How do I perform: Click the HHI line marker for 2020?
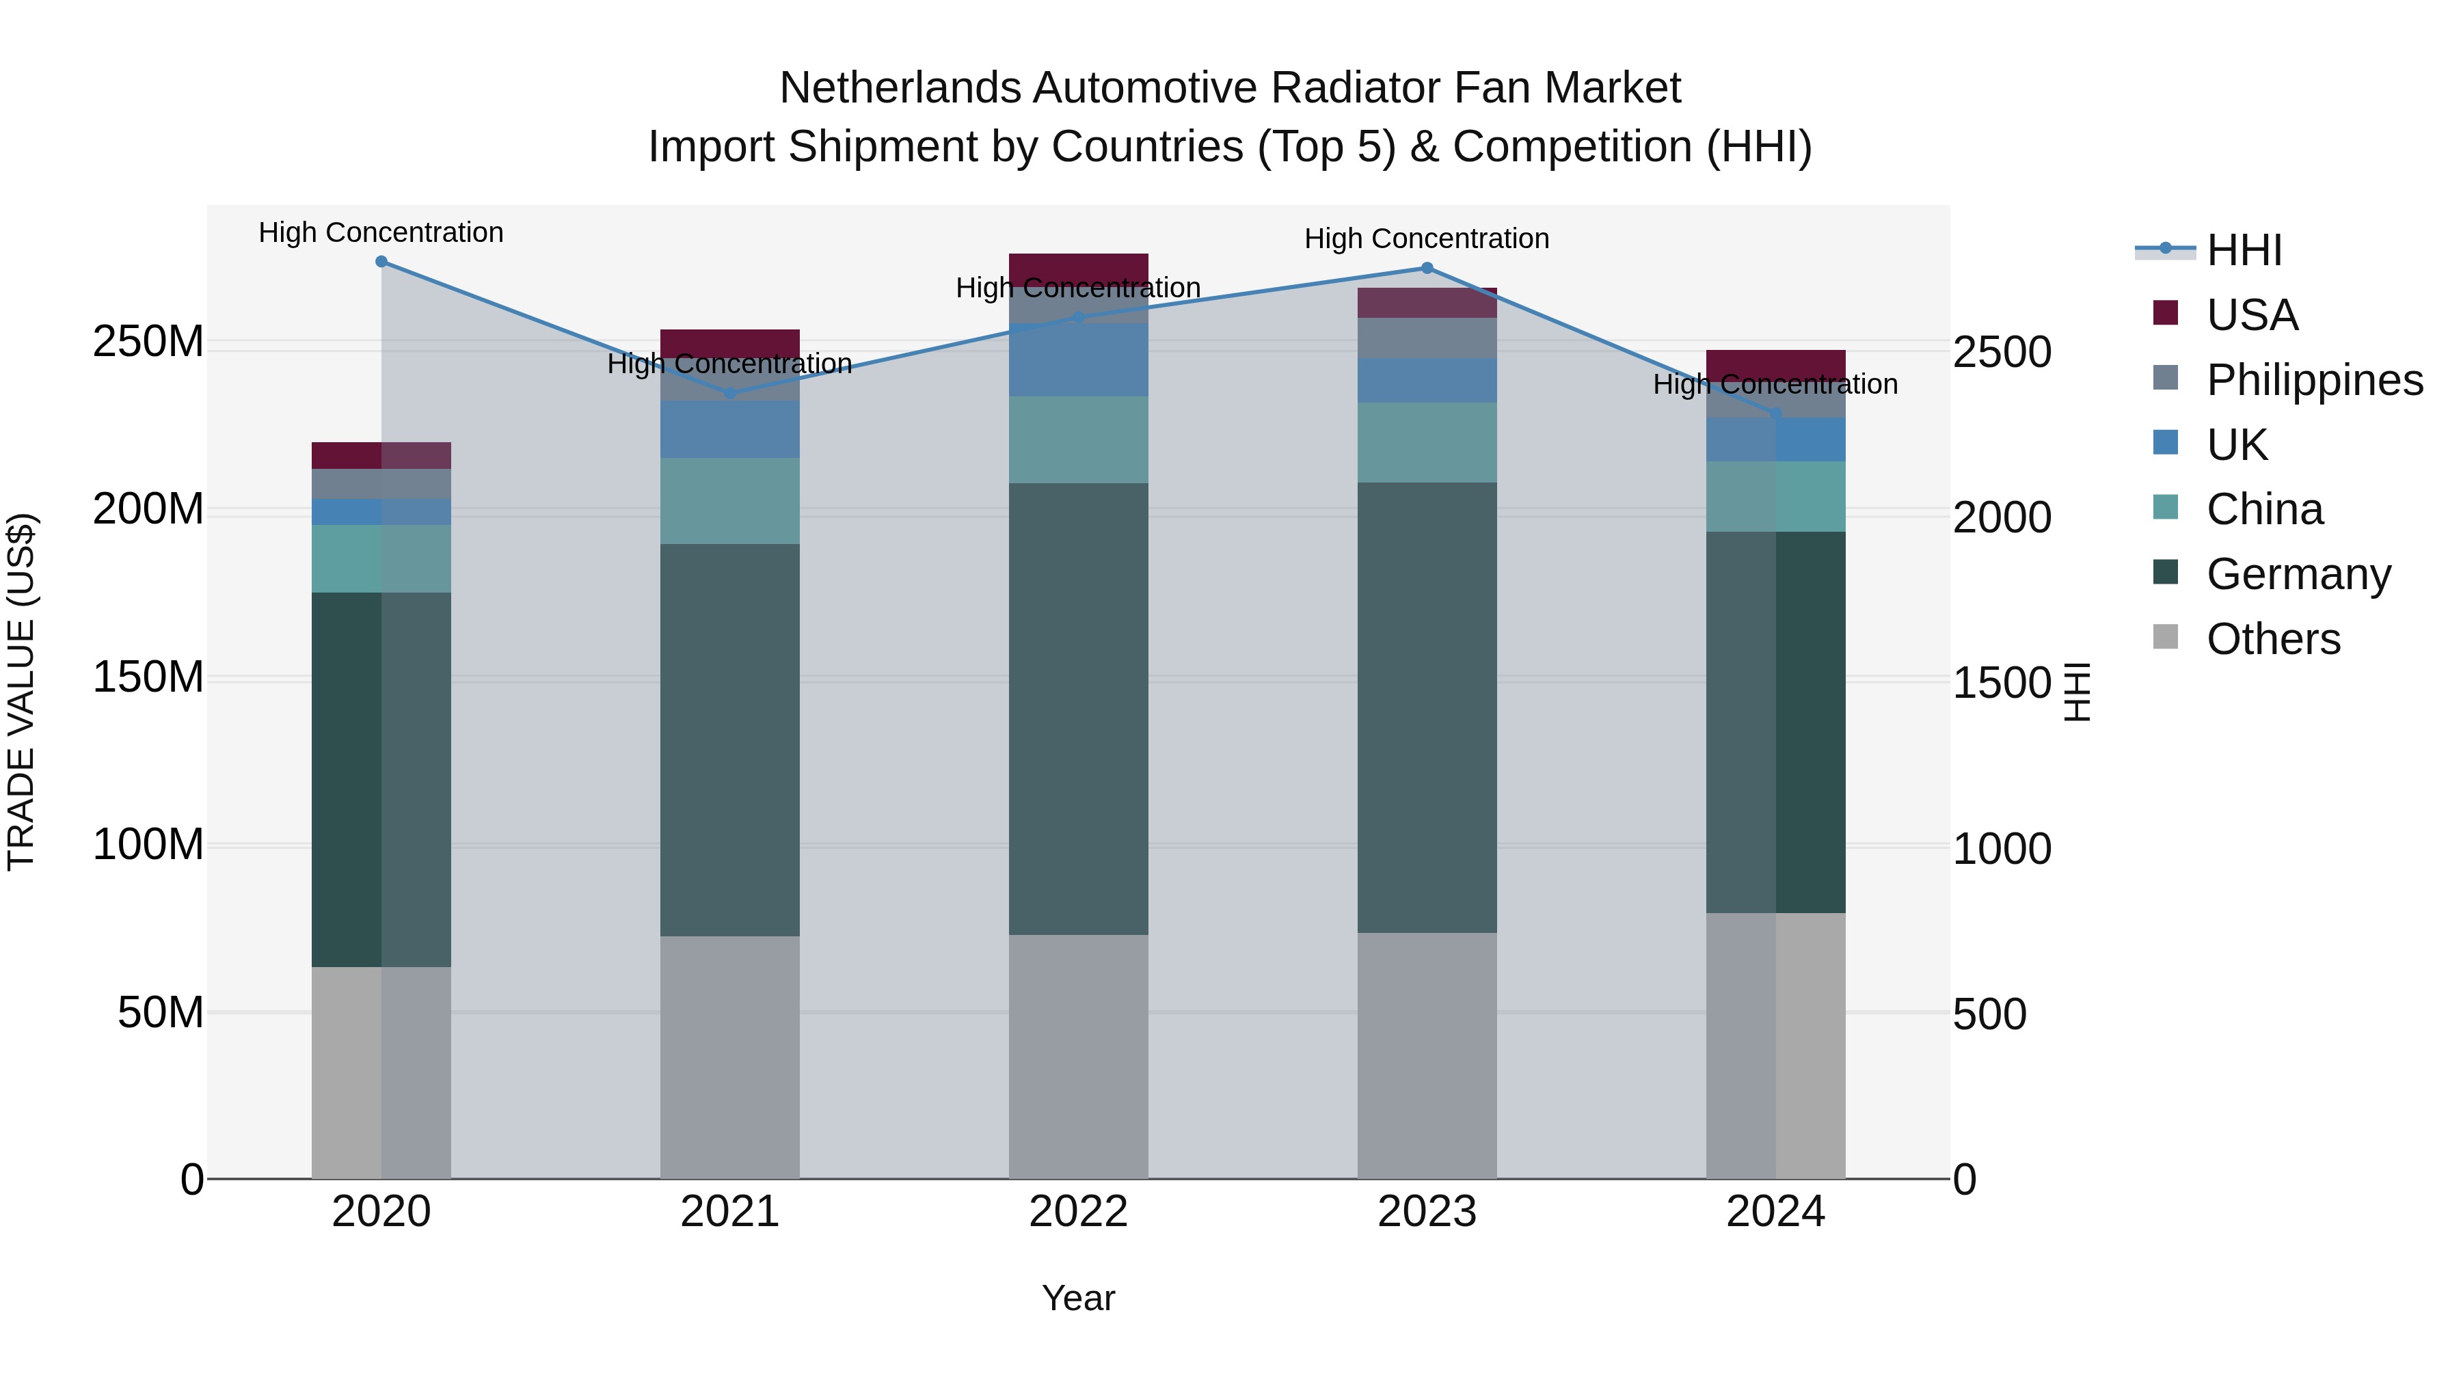point(381,262)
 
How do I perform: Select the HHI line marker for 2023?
point(1427,269)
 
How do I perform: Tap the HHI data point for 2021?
point(730,392)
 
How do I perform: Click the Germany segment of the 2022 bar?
point(1079,709)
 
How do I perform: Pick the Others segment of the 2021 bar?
point(730,1057)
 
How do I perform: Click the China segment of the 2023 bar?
point(1427,442)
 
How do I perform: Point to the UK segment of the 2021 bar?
point(730,430)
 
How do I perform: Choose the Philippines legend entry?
point(2314,380)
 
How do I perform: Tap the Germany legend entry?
point(2298,574)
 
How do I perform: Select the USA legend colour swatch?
point(2166,313)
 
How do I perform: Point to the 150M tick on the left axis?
point(148,677)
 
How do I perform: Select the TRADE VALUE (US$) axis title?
point(21,692)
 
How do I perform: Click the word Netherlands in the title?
point(901,88)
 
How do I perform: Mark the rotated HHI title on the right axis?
point(2077,692)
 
